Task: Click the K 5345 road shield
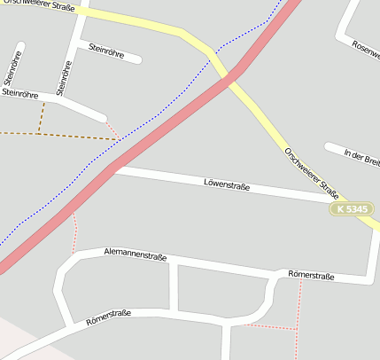353,209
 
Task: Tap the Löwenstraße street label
227,186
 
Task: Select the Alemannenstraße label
136,255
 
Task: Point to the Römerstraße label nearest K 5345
311,277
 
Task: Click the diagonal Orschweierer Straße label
312,172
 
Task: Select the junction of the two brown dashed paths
39,134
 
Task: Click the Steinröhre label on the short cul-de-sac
114,52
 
